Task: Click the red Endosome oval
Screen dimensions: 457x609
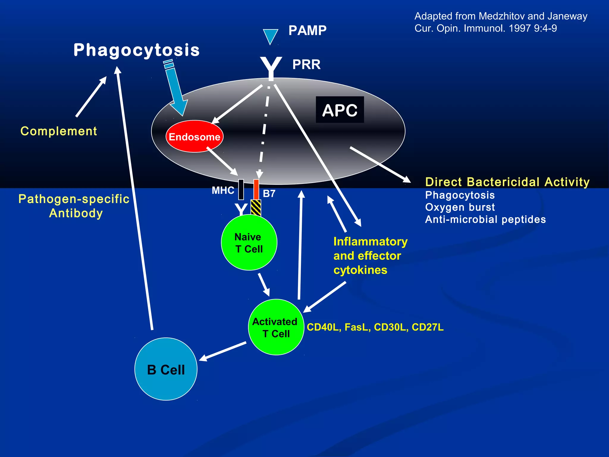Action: point(194,137)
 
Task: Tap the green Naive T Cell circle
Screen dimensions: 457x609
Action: point(249,243)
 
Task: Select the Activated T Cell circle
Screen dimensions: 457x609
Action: point(276,327)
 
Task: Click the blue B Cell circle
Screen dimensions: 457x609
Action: point(166,369)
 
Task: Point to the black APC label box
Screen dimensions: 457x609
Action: point(340,110)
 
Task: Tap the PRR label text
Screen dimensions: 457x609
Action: point(306,65)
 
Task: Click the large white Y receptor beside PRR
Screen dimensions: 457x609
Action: point(271,68)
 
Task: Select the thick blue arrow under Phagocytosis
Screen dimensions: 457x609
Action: point(175,89)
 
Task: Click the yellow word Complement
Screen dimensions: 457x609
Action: point(59,131)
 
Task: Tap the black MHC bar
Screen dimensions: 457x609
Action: point(241,190)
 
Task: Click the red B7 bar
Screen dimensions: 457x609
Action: point(256,190)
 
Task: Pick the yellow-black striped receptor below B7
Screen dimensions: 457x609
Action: point(256,208)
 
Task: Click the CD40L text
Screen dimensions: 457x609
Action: point(323,327)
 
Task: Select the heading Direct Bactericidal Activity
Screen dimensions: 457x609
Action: point(507,182)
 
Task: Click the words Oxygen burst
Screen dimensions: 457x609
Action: point(460,207)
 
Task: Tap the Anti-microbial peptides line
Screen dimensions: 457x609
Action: point(485,220)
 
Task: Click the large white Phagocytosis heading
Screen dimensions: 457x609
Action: point(136,50)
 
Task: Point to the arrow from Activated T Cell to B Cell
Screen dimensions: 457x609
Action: point(223,351)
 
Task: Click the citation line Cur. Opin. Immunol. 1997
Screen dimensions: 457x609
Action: point(485,29)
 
